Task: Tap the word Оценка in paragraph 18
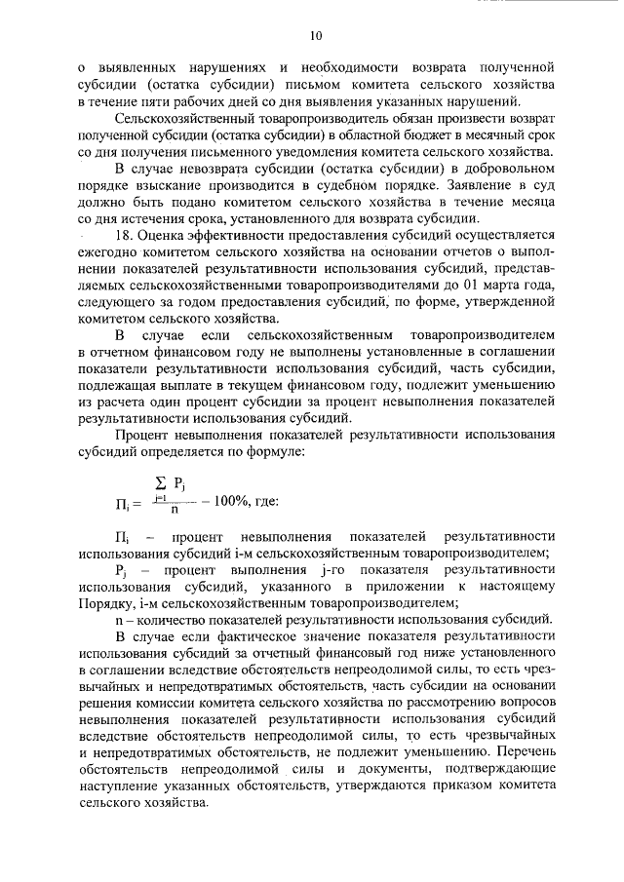[168, 235]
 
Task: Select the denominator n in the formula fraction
[174, 509]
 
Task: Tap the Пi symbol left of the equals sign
[122, 503]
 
